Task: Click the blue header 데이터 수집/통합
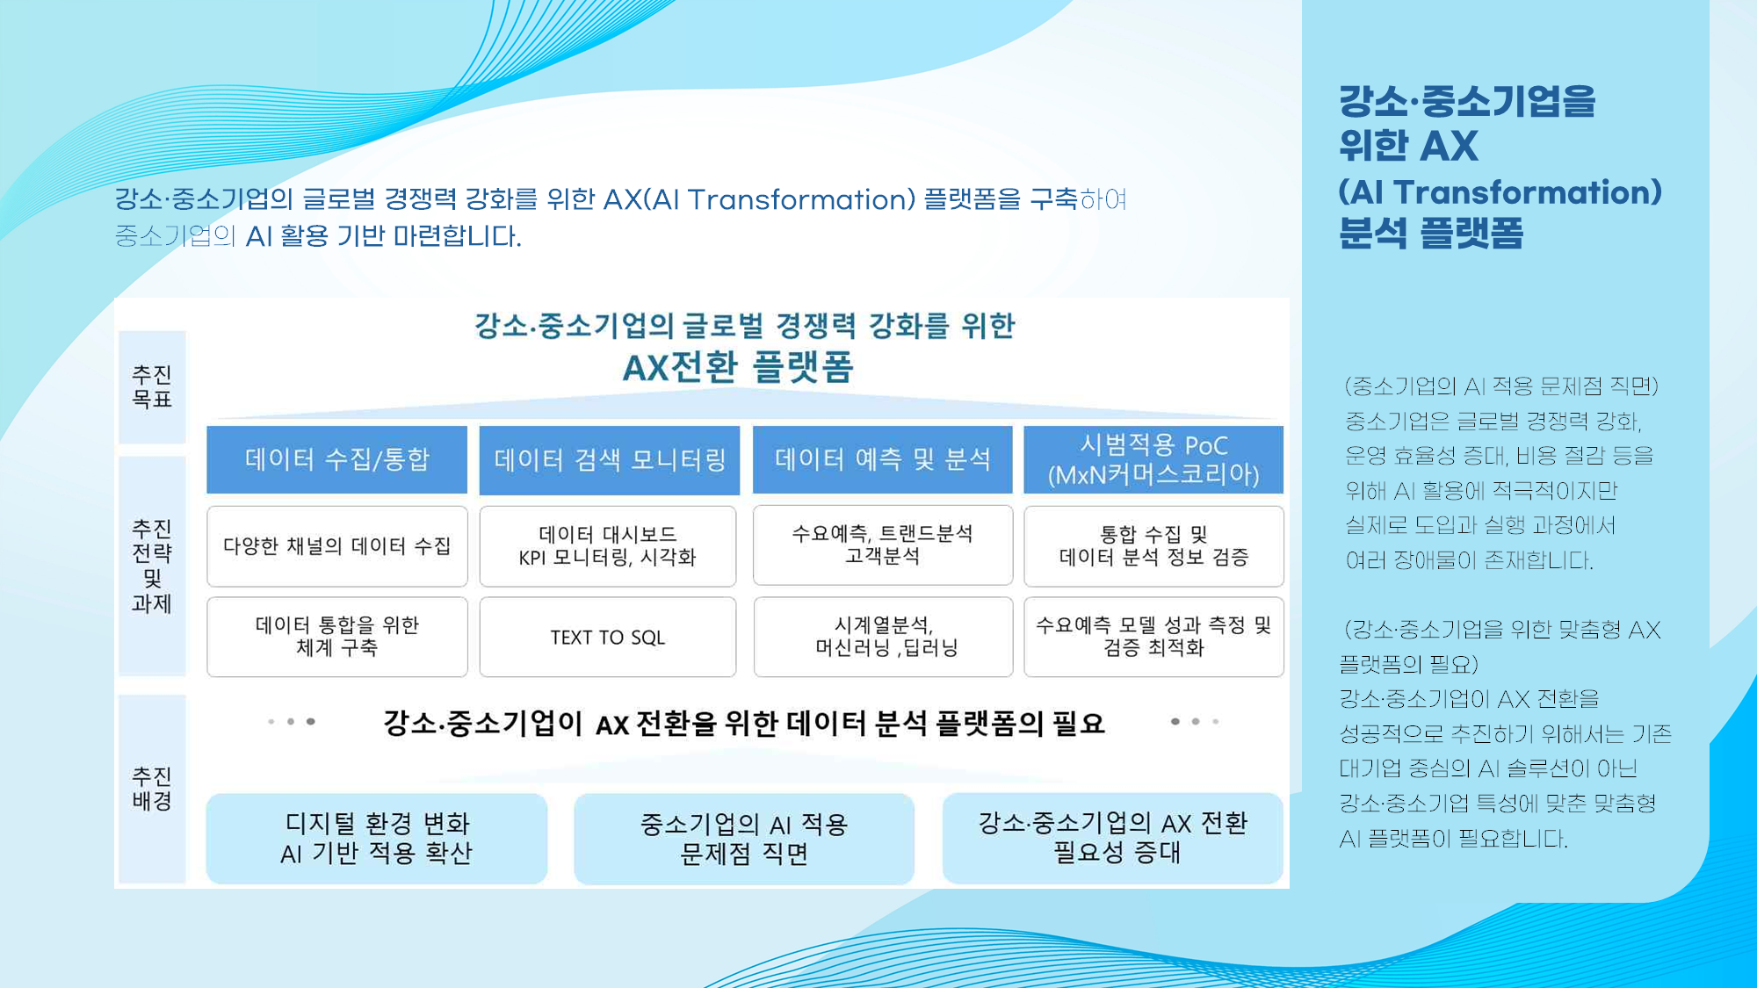pos(336,459)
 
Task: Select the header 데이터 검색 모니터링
pos(609,459)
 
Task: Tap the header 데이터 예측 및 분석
pos(882,459)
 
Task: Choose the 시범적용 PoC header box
pos(1153,459)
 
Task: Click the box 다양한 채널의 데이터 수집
pos(336,546)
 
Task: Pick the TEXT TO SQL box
pos(608,637)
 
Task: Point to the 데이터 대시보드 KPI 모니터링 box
pos(608,546)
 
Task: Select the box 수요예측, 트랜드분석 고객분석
pos(883,545)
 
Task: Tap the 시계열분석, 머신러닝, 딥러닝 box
pos(883,637)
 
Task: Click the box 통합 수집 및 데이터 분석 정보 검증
pos(1153,546)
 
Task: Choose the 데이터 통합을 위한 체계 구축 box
pos(336,637)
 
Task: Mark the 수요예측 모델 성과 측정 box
pos(1153,637)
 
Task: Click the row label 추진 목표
pos(152,387)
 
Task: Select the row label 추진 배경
pos(152,789)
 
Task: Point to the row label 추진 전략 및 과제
pos(152,566)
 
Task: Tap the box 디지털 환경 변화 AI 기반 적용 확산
pos(377,838)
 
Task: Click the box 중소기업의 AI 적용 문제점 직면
pos(744,839)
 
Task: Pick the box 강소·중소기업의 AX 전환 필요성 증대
pos(1113,838)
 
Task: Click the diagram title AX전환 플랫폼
pos(738,367)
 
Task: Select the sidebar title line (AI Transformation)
pos(1500,192)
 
